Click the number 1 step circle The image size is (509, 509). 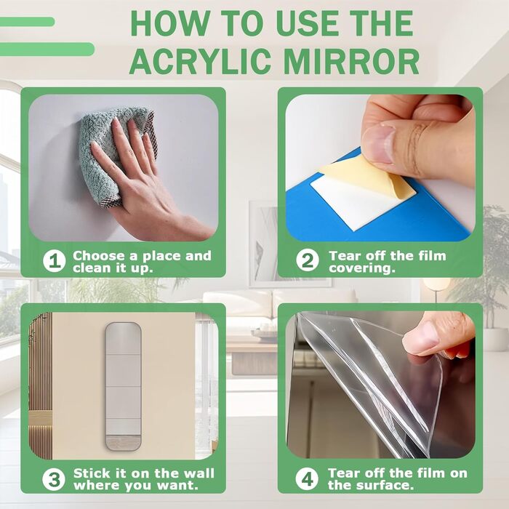tap(55, 261)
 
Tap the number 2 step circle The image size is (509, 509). tap(308, 260)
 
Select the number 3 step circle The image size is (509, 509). tap(54, 479)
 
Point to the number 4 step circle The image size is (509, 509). tap(307, 479)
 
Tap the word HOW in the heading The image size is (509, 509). tap(170, 23)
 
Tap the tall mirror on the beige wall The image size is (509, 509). tap(124, 386)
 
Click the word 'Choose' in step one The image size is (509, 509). tap(100, 256)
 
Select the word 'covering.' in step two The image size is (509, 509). tap(362, 268)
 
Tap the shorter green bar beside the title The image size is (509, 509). tap(27, 21)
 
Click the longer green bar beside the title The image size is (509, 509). tap(47, 49)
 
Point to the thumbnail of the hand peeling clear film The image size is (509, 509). tap(421, 337)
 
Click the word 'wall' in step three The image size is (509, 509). tap(199, 473)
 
